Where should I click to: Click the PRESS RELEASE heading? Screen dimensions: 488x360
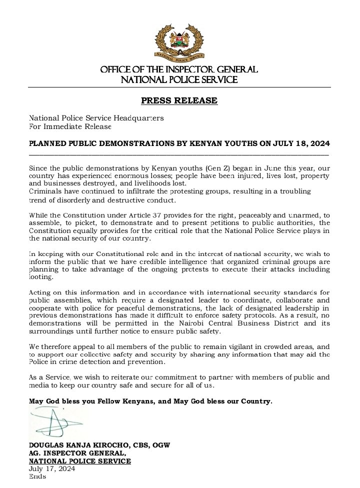tap(179, 100)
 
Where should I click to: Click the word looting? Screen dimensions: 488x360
tap(40, 277)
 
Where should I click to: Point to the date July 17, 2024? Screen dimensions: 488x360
tap(52, 469)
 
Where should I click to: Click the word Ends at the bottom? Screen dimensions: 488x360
tap(37, 476)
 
